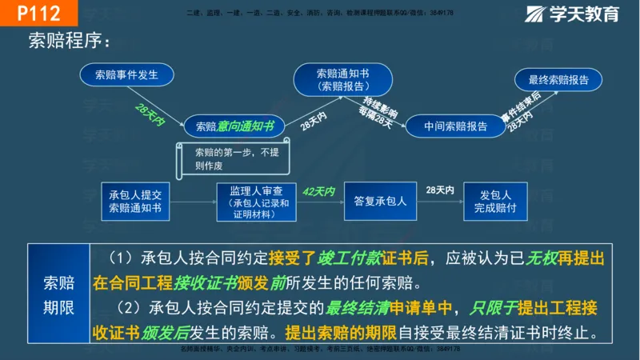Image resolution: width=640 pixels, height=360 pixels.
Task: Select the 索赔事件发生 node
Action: (126, 75)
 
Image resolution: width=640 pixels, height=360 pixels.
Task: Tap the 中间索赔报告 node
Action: (455, 126)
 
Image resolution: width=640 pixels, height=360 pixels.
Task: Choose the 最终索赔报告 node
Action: (558, 80)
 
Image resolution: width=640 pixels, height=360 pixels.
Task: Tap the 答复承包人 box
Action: (380, 202)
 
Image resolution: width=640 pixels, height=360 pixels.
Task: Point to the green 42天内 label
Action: (318, 192)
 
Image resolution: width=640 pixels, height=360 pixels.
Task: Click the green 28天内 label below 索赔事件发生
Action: (150, 113)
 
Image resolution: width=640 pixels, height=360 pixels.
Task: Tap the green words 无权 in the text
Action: (543, 258)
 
